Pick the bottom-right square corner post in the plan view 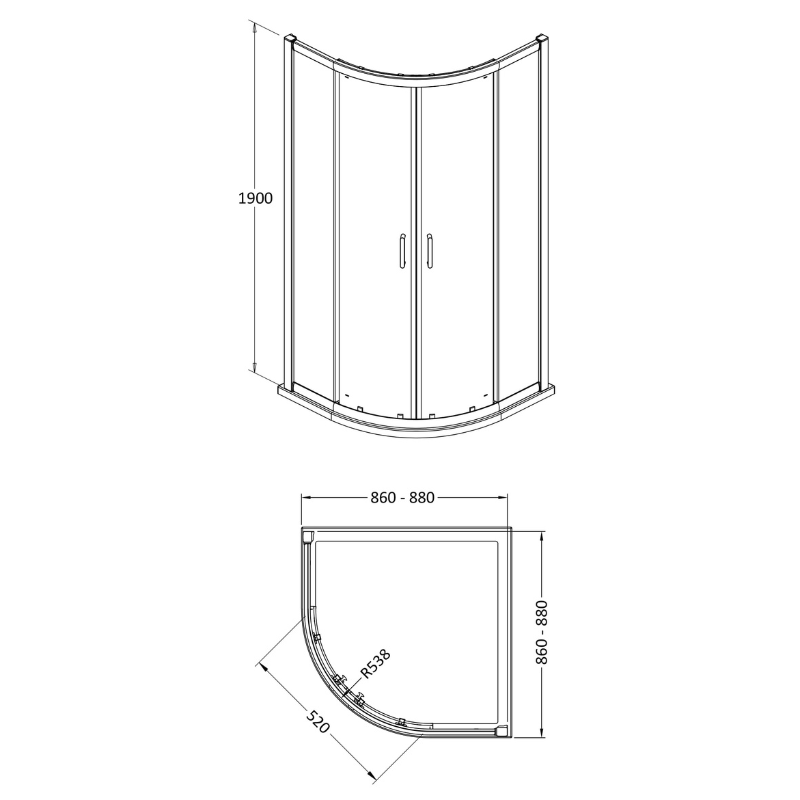pos(502,733)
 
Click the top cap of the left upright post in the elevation pos(290,40)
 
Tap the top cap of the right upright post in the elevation pos(543,41)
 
